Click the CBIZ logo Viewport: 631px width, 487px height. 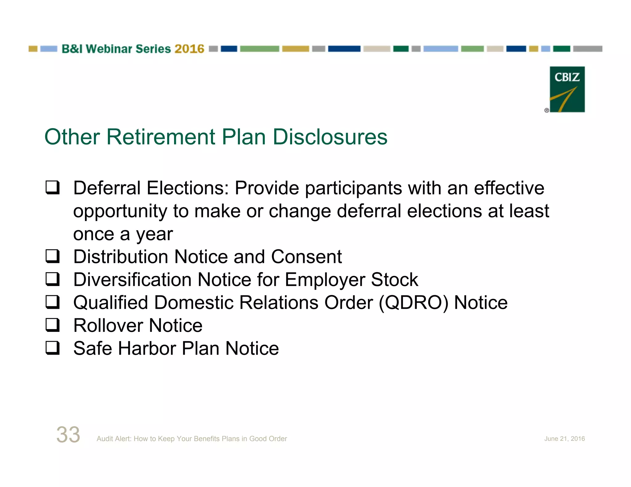tap(567, 89)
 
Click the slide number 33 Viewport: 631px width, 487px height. tap(68, 435)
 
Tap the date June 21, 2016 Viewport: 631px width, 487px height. tap(564, 439)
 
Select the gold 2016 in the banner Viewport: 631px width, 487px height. tap(189, 49)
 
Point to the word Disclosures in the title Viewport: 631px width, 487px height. tap(330, 137)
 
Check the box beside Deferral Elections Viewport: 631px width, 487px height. tap(52, 187)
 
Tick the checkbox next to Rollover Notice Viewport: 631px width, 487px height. tap(52, 325)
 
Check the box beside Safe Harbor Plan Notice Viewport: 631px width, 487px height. tap(52, 348)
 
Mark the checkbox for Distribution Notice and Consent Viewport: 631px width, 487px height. tap(52, 256)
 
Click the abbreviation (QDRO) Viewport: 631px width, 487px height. tap(413, 303)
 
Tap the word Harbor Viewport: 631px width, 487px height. tap(147, 348)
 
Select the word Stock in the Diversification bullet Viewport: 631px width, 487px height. tap(394, 280)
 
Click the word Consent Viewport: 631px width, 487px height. tap(306, 257)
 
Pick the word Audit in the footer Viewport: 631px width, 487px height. tap(104, 439)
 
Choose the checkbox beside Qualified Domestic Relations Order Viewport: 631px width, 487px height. tap(52, 302)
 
